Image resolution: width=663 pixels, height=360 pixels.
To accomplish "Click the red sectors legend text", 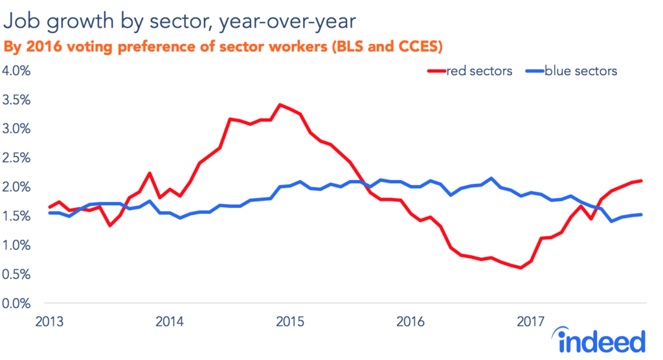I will pyautogui.click(x=479, y=71).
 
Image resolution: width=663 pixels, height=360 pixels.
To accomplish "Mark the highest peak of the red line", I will pyautogui.click(x=279, y=104).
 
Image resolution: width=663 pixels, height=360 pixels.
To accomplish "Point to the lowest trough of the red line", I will pyautogui.click(x=521, y=267).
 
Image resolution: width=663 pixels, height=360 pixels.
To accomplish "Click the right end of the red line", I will pyautogui.click(x=641, y=181).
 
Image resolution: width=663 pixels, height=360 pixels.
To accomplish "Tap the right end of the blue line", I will pyautogui.click(x=641, y=214).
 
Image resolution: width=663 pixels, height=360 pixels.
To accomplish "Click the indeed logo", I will pyautogui.click(x=598, y=341).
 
